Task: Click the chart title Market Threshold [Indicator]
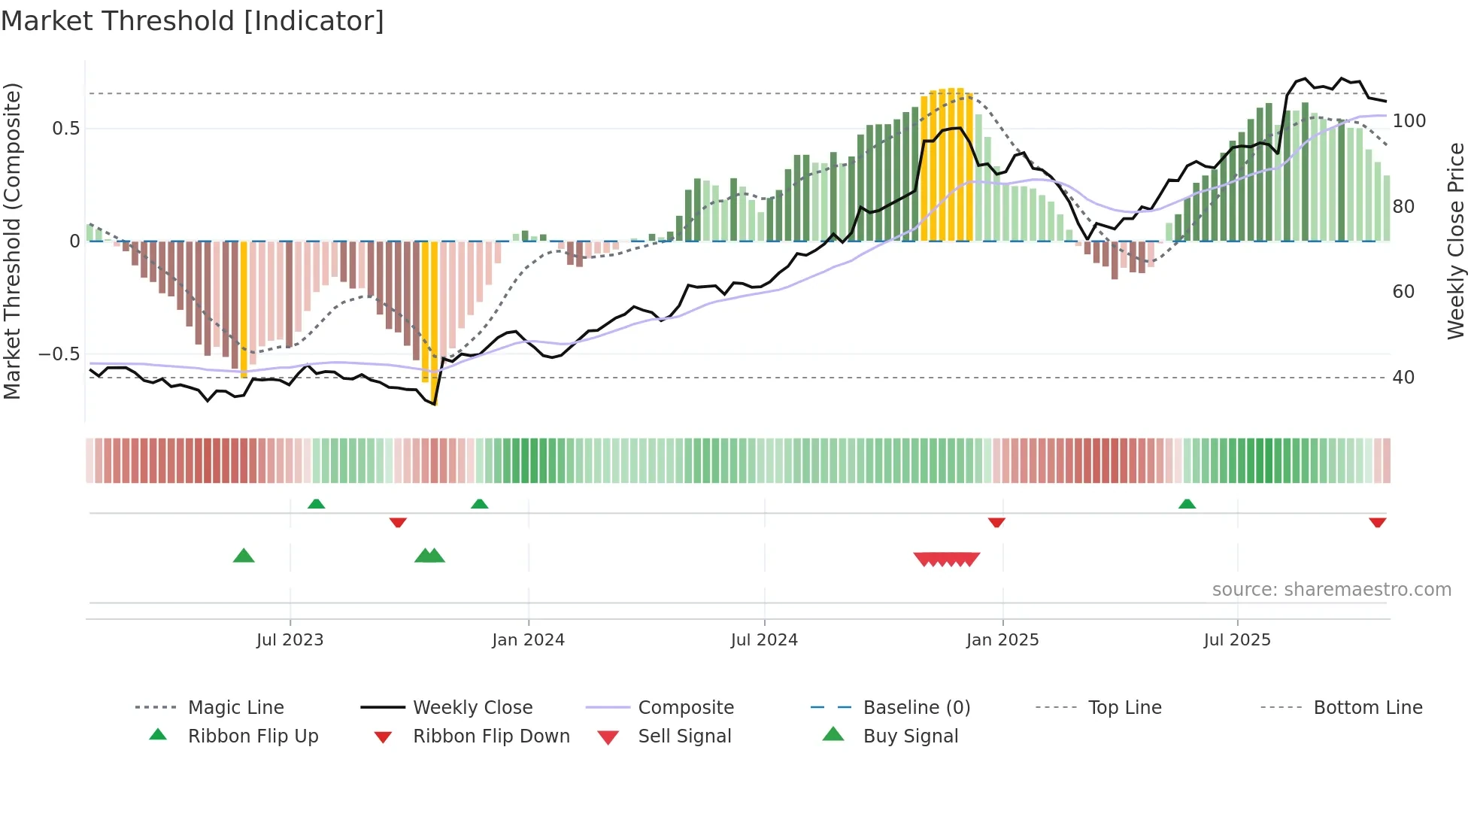(x=193, y=21)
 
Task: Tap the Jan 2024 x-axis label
(x=528, y=640)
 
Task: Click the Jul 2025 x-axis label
(x=1237, y=640)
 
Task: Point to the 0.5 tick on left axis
(x=65, y=129)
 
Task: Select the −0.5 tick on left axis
(x=59, y=354)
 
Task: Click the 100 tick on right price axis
(x=1409, y=121)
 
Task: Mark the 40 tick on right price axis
(x=1403, y=378)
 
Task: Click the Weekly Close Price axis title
(x=1456, y=241)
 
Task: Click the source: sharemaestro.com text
(x=1331, y=590)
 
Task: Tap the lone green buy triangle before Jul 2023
(x=244, y=556)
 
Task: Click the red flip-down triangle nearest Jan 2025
(x=996, y=522)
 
